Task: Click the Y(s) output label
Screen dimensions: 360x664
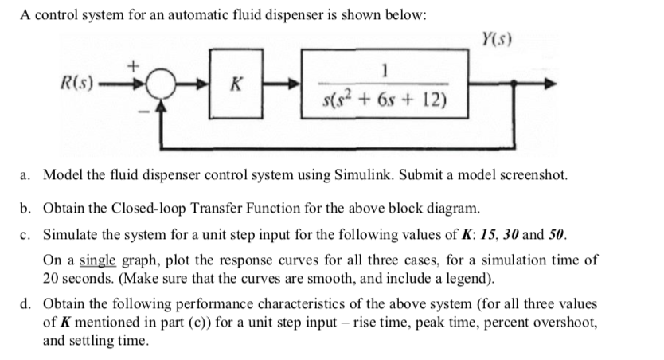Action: coord(496,37)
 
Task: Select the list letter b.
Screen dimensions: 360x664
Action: coord(25,209)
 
